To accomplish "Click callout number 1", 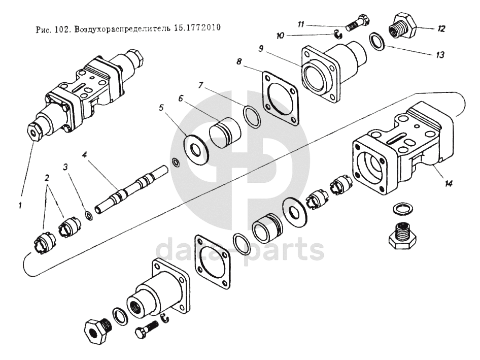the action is pyautogui.click(x=20, y=205).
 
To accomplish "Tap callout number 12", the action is pyautogui.click(x=441, y=29).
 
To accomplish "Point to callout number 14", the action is pyautogui.click(x=448, y=184).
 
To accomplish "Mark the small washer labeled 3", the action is pyautogui.click(x=89, y=216).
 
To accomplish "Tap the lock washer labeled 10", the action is pyautogui.click(x=338, y=34).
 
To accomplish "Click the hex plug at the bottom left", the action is pyautogui.click(x=95, y=331).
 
